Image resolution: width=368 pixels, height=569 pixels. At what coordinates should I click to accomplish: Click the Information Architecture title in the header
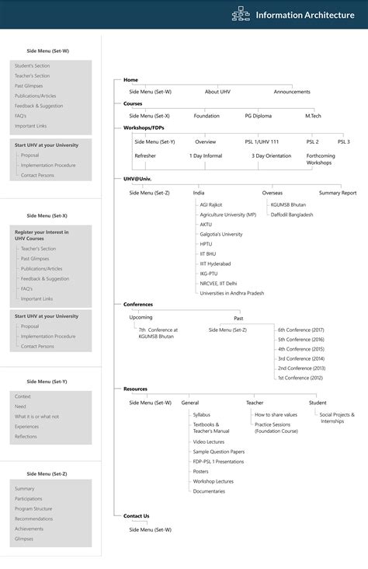pos(304,15)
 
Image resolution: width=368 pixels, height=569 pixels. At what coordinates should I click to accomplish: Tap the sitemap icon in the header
pos(240,15)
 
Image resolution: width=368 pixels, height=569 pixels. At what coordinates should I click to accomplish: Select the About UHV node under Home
pos(217,92)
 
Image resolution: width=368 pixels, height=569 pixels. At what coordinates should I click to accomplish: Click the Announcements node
pos(292,92)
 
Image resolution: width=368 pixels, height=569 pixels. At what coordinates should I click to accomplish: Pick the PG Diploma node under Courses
pos(259,116)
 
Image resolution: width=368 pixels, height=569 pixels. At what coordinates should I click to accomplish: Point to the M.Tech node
pos(313,116)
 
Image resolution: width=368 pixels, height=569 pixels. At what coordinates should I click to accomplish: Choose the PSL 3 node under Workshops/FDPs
pos(343,141)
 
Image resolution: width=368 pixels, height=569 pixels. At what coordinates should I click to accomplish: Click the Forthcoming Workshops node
pos(320,159)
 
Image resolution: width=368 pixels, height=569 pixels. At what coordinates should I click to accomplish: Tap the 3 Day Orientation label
pos(272,155)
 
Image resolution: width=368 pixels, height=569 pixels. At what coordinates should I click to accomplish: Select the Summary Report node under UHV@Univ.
pos(338,192)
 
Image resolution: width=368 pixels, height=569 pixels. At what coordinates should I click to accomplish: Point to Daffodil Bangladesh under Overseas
pos(292,214)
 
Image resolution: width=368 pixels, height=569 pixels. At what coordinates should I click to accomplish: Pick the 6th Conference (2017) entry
pos(301,330)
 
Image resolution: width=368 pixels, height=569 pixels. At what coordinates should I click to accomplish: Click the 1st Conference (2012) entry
pos(300,377)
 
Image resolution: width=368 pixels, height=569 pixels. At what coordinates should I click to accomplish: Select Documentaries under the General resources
pos(209,491)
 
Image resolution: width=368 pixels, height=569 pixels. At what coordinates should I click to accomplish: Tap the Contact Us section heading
pos(136,515)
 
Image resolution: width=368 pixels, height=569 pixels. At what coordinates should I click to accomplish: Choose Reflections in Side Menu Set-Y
pos(26,436)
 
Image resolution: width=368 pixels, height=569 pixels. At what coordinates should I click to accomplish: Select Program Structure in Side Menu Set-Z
pos(33,508)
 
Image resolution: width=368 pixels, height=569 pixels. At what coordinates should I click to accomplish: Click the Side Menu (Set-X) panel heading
pos(47,215)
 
